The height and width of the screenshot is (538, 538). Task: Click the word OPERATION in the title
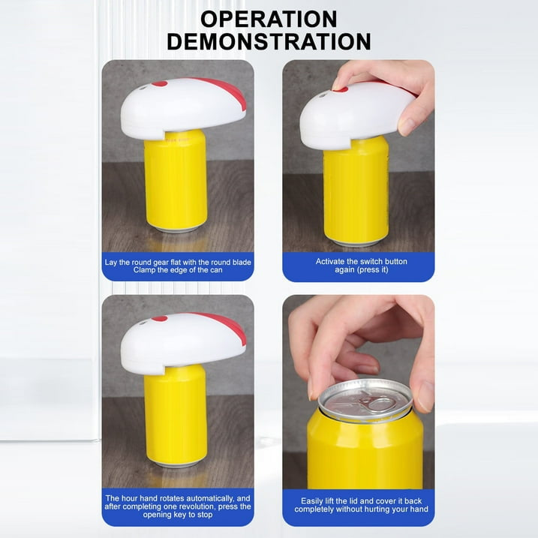[x=269, y=19]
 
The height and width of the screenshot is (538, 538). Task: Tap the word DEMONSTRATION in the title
[x=269, y=41]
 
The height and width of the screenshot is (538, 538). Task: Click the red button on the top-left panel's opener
[x=160, y=84]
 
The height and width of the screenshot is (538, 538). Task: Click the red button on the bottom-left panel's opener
[x=159, y=319]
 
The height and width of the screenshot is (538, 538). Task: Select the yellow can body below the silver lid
[x=365, y=450]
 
